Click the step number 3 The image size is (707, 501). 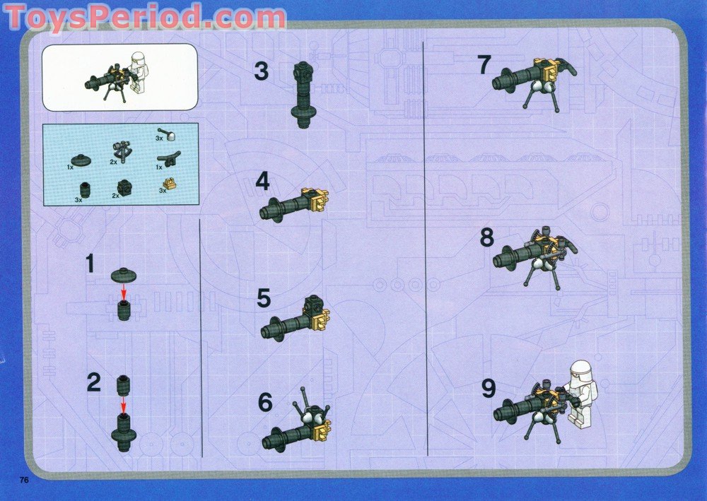point(261,71)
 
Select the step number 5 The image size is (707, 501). point(264,298)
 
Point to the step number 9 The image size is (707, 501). point(489,389)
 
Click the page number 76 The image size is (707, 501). point(24,480)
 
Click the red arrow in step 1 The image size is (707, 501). point(124,292)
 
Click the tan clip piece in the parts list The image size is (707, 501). point(170,183)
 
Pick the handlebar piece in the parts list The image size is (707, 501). point(169,158)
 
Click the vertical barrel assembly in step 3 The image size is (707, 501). point(303,94)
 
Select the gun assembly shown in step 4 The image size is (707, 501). point(293,205)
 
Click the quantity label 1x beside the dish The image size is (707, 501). point(70,167)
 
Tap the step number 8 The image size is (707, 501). point(487,238)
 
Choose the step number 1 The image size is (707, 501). point(91,264)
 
